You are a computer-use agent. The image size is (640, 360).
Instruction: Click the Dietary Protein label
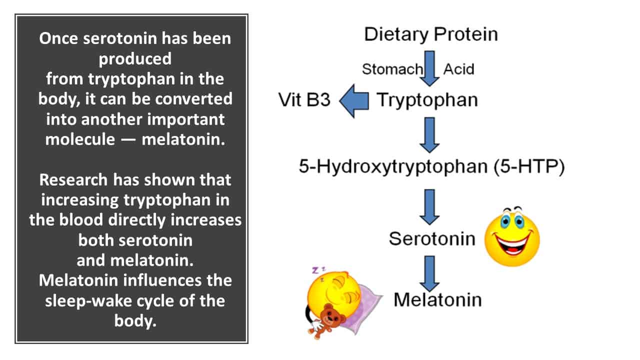[431, 34]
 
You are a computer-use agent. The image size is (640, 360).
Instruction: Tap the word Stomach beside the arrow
[392, 69]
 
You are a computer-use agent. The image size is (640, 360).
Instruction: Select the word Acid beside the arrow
[458, 69]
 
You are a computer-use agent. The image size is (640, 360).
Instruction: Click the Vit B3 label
[304, 100]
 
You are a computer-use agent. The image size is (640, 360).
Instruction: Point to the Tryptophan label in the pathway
[427, 100]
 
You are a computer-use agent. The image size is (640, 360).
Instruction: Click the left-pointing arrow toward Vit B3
[354, 101]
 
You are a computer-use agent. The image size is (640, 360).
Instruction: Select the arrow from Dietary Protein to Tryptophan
[429, 68]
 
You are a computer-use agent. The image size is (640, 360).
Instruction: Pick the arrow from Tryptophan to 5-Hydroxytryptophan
[429, 135]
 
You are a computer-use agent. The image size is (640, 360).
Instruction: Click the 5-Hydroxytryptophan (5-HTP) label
[431, 166]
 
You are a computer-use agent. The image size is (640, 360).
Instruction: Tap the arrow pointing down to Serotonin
[429, 207]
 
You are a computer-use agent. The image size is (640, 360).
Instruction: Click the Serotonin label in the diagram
[432, 239]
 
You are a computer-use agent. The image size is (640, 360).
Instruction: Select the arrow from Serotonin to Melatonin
[429, 273]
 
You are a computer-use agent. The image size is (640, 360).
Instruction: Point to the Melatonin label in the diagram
[437, 300]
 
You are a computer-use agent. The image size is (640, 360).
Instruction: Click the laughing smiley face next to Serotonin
[512, 236]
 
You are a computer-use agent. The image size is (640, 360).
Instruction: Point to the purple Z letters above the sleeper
[318, 270]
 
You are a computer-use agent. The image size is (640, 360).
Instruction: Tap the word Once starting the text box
[58, 38]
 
